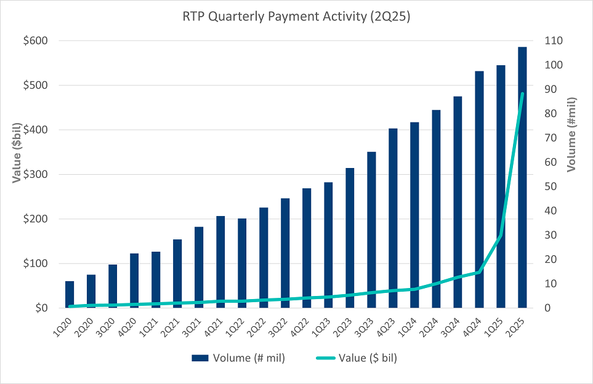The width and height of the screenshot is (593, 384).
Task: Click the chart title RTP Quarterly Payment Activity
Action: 296,17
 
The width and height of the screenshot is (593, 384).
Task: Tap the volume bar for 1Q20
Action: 70,295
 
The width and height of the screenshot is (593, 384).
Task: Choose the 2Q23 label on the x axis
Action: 347,323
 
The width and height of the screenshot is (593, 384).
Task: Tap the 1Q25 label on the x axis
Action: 498,323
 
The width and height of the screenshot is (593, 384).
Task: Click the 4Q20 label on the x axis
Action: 131,323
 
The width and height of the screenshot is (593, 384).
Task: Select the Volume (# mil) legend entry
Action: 238,358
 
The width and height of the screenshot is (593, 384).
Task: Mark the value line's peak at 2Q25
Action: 522,94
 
